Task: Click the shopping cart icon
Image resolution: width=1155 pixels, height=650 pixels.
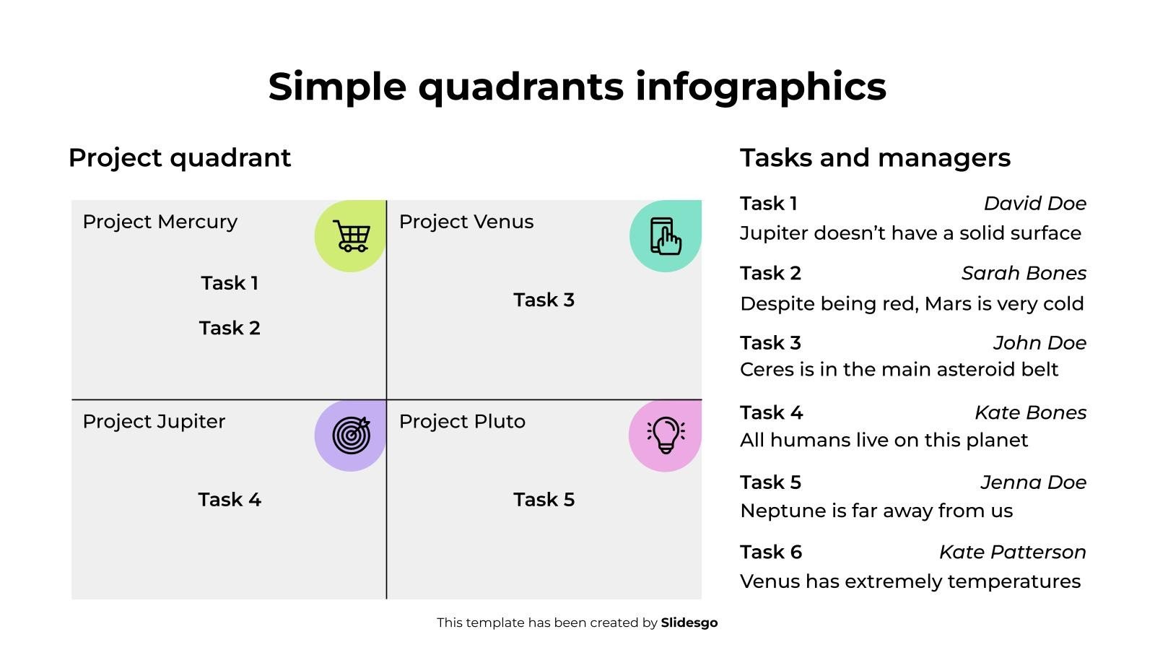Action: coord(352,235)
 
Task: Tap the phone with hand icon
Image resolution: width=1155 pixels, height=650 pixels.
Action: coord(666,236)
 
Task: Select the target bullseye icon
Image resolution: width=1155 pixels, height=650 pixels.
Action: coord(352,435)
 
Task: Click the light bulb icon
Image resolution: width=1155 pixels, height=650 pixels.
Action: coord(666,435)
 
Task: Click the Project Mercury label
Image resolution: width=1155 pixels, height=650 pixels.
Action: coord(160,222)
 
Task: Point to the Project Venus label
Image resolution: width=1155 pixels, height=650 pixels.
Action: coord(466,222)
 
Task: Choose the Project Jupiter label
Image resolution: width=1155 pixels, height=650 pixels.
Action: coord(154,422)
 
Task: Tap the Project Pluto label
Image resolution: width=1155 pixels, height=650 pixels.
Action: coord(462,422)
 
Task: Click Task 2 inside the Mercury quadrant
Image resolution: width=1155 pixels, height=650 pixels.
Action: coord(230,328)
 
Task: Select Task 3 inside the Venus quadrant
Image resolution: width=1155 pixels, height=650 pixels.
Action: coord(544,300)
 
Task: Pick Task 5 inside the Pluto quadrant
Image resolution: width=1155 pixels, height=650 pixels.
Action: coord(544,499)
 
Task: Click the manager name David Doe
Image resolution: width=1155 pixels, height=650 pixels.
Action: coord(1035,203)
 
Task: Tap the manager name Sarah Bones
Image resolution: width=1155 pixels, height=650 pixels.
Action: coord(1024,273)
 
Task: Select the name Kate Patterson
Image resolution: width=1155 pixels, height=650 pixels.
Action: coord(1013,552)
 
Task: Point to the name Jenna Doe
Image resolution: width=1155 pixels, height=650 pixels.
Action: coord(1033,482)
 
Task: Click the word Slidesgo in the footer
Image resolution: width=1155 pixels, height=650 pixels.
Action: coord(689,623)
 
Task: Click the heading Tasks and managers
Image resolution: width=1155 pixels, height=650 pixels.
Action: coord(875,158)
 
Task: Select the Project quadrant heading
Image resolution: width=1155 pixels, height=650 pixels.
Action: coord(180,159)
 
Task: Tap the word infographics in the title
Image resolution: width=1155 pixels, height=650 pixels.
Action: coord(761,87)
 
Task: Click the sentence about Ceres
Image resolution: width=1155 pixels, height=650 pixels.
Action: coord(899,369)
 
